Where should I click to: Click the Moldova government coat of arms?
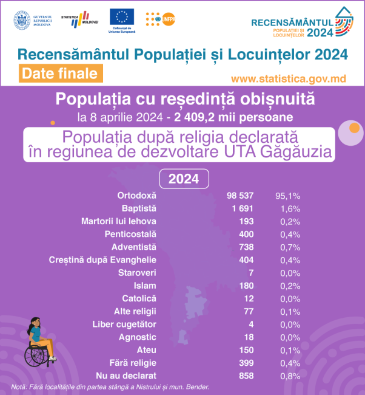(22, 19)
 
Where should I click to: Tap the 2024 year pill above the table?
(183, 179)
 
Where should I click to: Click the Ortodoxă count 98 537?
(239, 196)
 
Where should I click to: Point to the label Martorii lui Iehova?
(118, 221)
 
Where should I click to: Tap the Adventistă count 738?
(246, 247)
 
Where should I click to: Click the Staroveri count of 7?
(251, 273)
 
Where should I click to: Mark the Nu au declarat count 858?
(246, 376)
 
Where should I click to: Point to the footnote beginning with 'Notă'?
(110, 387)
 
